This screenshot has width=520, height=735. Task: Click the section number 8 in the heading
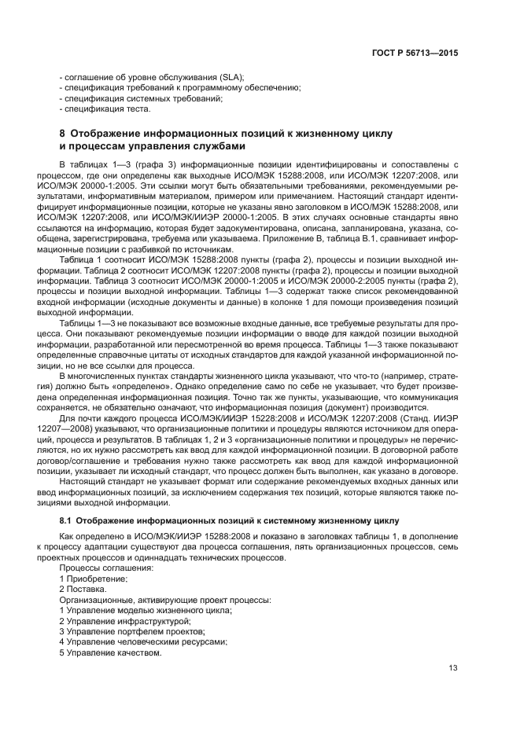[x=63, y=134]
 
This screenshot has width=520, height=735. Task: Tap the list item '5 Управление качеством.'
[x=110, y=654]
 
